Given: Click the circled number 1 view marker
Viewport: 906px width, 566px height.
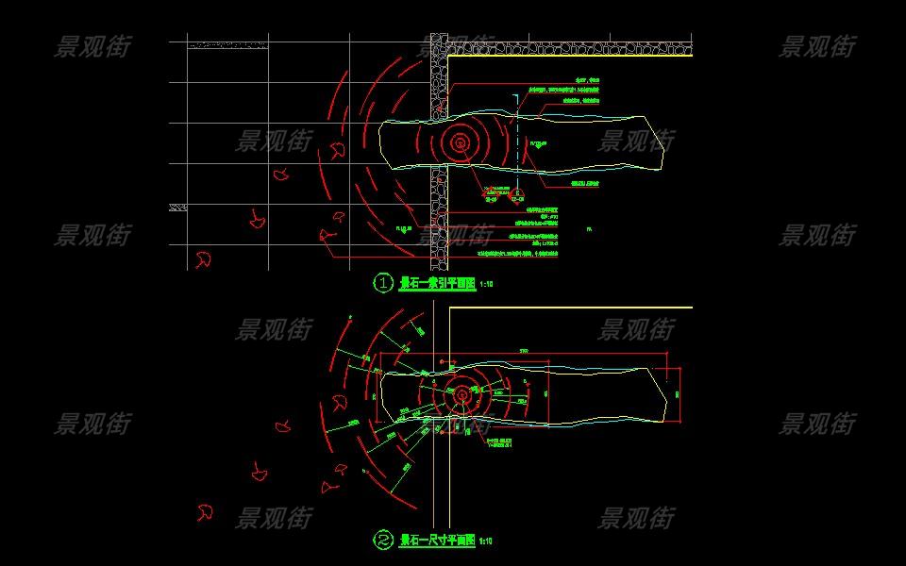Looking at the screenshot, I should (383, 283).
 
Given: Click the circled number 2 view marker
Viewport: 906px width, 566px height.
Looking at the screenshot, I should (383, 541).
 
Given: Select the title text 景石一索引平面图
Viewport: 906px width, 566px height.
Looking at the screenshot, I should (438, 283).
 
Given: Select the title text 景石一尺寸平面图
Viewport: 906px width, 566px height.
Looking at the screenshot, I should (438, 541).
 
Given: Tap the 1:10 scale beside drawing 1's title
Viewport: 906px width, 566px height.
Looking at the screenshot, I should (487, 284).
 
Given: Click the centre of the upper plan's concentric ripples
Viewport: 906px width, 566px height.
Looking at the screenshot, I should (461, 143).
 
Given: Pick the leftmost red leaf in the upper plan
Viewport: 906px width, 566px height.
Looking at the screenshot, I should (203, 259).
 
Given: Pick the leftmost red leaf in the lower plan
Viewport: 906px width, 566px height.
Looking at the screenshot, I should (203, 512).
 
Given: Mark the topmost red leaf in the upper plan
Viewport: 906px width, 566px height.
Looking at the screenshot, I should (337, 152).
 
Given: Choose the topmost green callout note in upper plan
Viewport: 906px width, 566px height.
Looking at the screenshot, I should (586, 82).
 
